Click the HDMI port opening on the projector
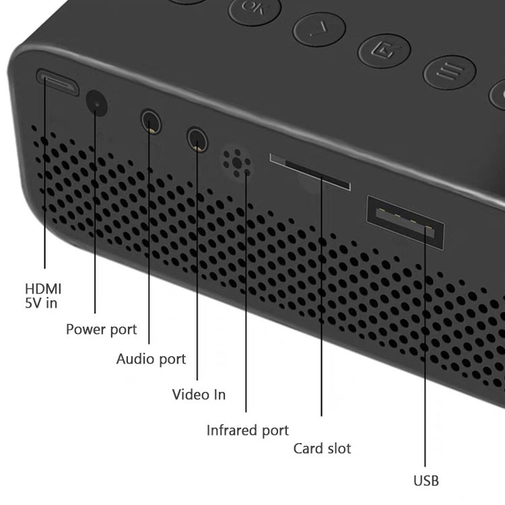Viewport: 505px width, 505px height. (57, 81)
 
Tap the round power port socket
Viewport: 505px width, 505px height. (96, 103)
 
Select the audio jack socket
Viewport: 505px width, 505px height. (151, 121)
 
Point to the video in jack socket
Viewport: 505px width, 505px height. (197, 139)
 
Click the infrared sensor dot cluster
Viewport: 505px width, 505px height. (237, 163)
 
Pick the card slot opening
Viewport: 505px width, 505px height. (310, 172)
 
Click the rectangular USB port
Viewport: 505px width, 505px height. (405, 222)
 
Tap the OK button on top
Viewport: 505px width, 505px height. (255, 9)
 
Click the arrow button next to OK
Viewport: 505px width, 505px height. (319, 30)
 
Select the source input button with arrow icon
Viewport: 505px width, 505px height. (384, 50)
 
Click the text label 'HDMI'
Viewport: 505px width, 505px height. (43, 289)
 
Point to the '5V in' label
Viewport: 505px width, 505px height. (41, 303)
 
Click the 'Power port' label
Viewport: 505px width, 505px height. (102, 329)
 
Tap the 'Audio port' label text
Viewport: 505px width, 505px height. (151, 359)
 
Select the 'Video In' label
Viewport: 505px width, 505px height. (199, 395)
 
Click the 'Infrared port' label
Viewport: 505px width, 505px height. (248, 431)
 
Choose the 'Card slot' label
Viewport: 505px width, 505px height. (322, 448)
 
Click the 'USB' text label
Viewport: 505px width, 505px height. (426, 481)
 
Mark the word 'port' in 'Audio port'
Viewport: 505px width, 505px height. (172, 360)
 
